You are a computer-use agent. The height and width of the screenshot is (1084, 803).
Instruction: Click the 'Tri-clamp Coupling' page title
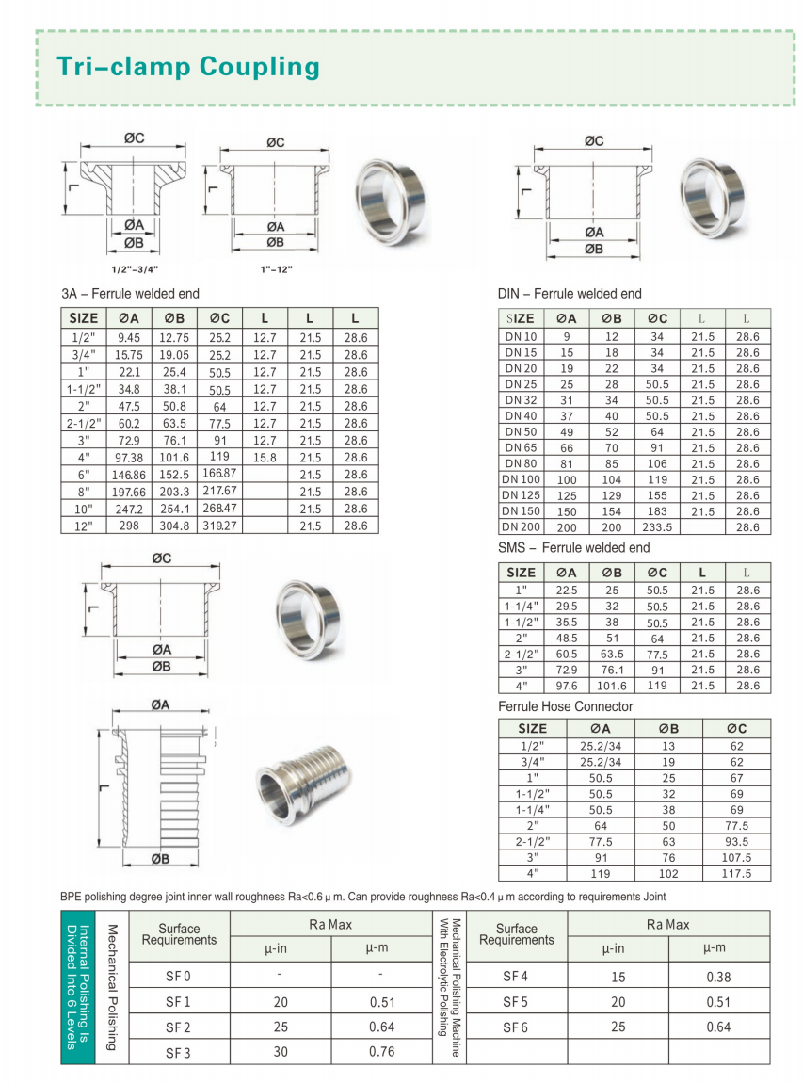click(188, 66)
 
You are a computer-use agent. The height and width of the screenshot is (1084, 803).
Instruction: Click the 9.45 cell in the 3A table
click(129, 338)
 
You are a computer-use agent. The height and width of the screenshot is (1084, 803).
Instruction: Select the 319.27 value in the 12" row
click(219, 526)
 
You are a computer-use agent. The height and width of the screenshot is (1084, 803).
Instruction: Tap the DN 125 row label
click(521, 495)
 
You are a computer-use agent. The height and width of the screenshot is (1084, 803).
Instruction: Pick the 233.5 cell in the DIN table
click(657, 526)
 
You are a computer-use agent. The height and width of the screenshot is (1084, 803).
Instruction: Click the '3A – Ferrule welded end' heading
click(130, 294)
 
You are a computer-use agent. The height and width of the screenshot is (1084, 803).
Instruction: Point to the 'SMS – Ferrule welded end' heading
click(573, 547)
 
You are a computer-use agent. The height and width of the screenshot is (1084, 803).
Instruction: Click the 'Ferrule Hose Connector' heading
click(565, 706)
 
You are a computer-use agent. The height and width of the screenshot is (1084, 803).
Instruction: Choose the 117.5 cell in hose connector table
click(737, 873)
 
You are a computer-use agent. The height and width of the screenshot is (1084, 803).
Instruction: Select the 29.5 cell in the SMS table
click(567, 607)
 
